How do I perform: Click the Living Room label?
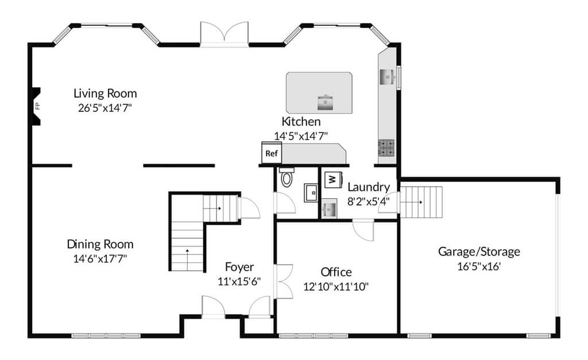(105, 93)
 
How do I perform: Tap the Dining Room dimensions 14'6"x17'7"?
(100, 259)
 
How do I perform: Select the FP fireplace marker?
(37, 106)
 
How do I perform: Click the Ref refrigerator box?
(272, 153)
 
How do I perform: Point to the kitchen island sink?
(326, 102)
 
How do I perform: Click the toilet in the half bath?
(287, 177)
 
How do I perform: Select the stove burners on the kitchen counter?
(386, 148)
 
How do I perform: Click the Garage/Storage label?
(479, 251)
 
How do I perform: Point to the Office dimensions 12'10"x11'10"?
(336, 287)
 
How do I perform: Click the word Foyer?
(239, 267)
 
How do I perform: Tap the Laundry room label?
(369, 187)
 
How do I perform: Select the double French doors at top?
(225, 34)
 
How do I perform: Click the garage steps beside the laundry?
(421, 202)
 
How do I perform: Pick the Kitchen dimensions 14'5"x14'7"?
(301, 136)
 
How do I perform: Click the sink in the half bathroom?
(311, 193)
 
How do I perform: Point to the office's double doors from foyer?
(284, 281)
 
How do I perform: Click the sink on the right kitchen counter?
(388, 77)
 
